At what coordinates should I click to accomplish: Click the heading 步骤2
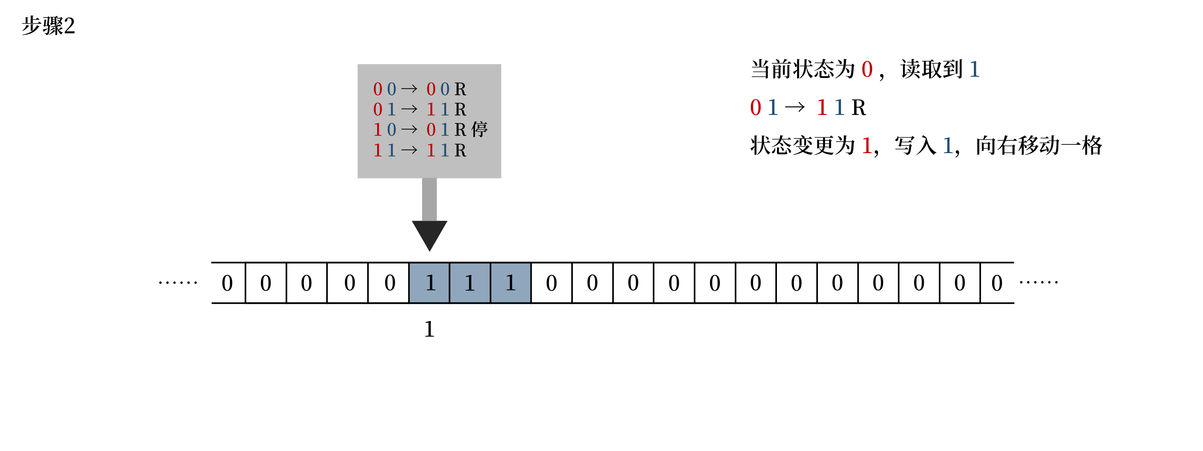[x=49, y=26]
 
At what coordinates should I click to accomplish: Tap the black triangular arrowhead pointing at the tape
[x=429, y=233]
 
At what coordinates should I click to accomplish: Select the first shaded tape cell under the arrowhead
[x=429, y=283]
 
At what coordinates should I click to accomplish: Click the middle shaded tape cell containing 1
[x=470, y=283]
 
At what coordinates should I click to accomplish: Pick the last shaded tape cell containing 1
[x=510, y=283]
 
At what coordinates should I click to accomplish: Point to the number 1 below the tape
[x=429, y=330]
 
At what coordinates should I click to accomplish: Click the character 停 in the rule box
[x=479, y=129]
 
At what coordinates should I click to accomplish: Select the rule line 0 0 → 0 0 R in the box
[x=419, y=89]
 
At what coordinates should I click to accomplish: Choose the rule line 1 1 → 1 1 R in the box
[x=419, y=150]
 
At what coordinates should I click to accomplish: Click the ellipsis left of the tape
[x=178, y=282]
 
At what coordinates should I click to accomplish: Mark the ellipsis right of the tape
[x=1039, y=282]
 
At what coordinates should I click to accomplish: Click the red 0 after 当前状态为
[x=867, y=70]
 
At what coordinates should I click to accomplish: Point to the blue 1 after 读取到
[x=975, y=70]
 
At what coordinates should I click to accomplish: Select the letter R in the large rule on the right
[x=858, y=108]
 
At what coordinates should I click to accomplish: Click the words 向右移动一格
[x=1039, y=146]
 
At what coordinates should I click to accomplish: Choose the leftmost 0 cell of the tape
[x=228, y=283]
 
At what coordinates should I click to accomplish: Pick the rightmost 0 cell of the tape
[x=997, y=283]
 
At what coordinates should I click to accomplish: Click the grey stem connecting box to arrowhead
[x=429, y=199]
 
